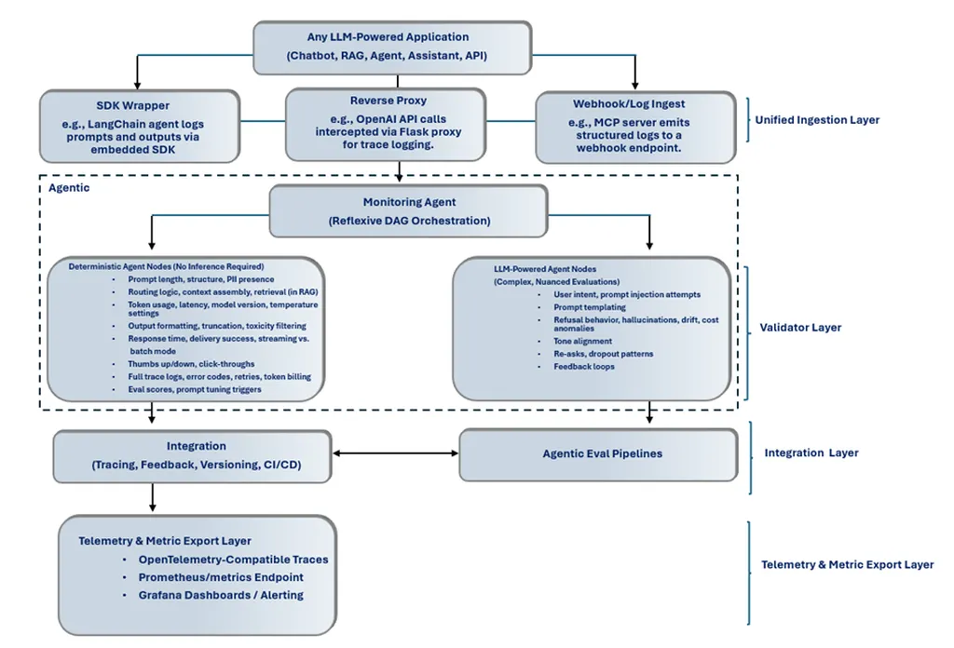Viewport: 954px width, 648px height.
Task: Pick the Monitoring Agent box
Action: (407, 211)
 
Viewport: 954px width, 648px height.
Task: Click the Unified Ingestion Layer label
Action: (817, 120)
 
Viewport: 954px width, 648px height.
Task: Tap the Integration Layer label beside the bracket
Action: (811, 453)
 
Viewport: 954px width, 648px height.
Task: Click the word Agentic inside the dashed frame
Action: (69, 187)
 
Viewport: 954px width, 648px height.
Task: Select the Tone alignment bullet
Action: (582, 342)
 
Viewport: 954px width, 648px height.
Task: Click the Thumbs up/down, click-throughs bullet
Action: (192, 364)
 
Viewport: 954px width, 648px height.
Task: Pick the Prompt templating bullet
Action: (590, 307)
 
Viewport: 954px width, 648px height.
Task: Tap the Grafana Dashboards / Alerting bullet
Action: (221, 595)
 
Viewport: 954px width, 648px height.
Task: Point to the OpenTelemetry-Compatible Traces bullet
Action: (233, 560)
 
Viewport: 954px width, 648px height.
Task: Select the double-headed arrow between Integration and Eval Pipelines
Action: (395, 453)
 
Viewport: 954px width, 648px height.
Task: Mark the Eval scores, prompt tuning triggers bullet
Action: (196, 389)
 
